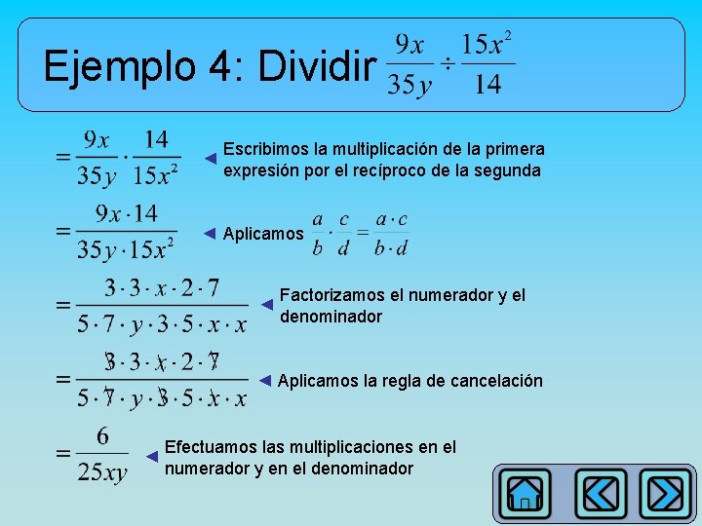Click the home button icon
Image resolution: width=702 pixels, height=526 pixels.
click(526, 494)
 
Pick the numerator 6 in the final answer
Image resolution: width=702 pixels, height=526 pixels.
click(102, 435)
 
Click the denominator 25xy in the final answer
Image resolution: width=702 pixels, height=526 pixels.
click(103, 473)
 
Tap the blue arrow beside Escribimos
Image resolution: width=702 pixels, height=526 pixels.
click(210, 158)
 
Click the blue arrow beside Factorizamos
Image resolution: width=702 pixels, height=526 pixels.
click(266, 304)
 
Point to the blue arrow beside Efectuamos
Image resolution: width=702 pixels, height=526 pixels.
click(151, 456)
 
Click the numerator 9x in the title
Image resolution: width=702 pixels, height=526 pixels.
click(409, 45)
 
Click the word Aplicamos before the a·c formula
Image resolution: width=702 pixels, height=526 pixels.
click(262, 234)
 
